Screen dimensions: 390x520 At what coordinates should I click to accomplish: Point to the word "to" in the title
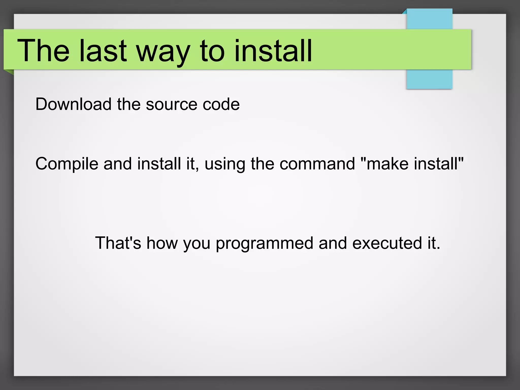point(212,51)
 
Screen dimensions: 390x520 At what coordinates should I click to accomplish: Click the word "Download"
point(73,104)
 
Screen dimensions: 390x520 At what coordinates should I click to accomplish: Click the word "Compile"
point(67,164)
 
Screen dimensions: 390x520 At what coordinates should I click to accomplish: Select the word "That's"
point(118,243)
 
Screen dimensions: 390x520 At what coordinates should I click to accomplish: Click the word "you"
point(197,244)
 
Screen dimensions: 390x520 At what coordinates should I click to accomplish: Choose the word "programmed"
point(264,244)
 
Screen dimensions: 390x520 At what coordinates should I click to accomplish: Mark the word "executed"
point(387,243)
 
